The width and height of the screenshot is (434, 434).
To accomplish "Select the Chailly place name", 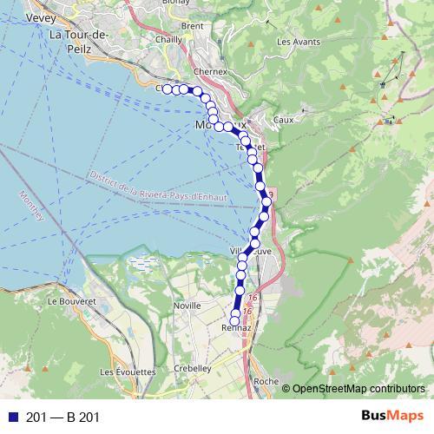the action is tap(168, 39).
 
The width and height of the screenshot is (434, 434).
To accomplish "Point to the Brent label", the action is tap(193, 26).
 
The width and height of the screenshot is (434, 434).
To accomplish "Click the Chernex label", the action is tap(211, 70).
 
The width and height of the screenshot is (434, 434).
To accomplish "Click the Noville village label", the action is tap(187, 306).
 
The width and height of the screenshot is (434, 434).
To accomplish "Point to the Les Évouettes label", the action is tap(127, 372).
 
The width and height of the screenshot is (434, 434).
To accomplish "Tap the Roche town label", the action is tap(266, 381).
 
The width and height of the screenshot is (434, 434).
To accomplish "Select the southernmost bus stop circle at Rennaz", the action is tap(234, 322).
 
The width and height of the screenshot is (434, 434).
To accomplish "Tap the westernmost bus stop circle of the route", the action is tap(167, 89).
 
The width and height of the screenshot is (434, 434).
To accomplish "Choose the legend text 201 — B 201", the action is tap(63, 418).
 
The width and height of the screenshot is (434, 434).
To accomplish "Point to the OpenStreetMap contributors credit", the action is tap(358, 388).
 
